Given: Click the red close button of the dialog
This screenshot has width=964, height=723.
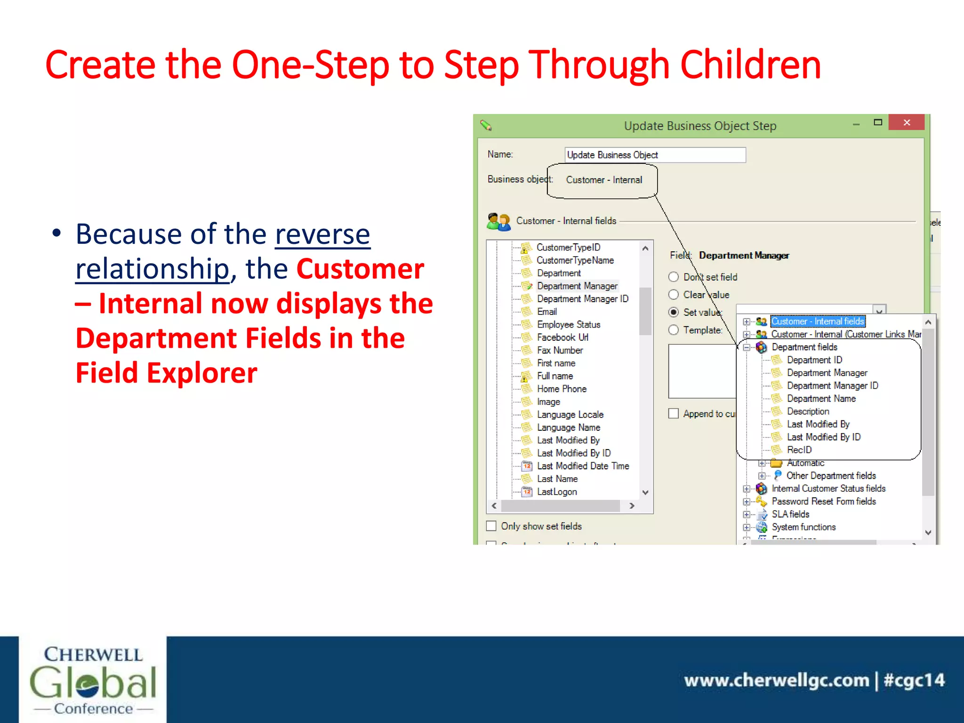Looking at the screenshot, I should tap(906, 122).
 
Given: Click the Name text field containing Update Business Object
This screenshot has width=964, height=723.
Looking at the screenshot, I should tap(654, 155).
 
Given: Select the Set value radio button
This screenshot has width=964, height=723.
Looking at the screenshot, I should tap(674, 312).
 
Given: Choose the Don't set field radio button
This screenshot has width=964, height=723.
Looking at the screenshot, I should tap(674, 277).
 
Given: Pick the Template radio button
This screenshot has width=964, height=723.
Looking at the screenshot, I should tap(674, 330).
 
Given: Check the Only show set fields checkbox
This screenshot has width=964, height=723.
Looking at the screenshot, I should tap(491, 526).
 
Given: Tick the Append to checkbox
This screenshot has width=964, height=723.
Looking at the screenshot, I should tap(674, 413).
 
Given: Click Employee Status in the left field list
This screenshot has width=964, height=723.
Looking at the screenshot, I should tap(568, 324).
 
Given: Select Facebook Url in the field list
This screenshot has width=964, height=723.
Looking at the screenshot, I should tap(562, 337).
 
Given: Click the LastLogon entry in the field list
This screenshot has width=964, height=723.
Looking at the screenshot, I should tap(556, 491).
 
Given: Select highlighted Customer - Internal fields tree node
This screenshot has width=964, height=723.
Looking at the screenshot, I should tap(817, 321).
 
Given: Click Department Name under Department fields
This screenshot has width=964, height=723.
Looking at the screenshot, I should tap(821, 398).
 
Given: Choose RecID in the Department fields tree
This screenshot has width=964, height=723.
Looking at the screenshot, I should tap(799, 450).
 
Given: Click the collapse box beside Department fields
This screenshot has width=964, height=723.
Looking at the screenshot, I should tap(747, 347).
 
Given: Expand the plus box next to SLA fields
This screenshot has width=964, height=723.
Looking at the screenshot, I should tap(747, 514).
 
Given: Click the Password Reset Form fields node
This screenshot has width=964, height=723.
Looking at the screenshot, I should tap(823, 501).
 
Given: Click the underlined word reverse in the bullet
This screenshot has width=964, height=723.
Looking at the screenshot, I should tap(322, 234).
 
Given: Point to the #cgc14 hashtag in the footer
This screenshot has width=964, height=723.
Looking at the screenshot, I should tap(914, 680).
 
